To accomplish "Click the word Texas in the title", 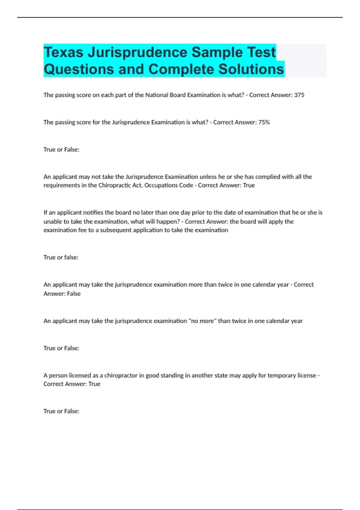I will tap(63, 52).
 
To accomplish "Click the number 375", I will tap(299, 95).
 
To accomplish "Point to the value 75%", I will tap(264, 122).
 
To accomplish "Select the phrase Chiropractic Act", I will tap(120, 185).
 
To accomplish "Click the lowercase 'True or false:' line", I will tap(61, 257).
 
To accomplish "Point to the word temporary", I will tap(281, 375).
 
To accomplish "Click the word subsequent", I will tap(115, 230).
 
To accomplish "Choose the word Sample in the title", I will tap(215, 52).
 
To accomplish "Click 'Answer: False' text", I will tap(62, 294).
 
